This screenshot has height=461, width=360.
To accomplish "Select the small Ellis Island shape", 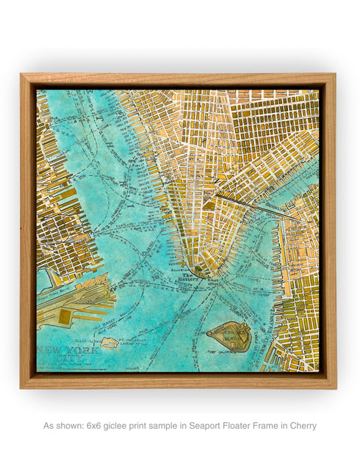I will pos(109,342).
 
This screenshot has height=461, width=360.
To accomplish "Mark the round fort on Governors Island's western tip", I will pos(212,333).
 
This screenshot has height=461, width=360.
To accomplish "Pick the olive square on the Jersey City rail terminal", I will pos(64,317).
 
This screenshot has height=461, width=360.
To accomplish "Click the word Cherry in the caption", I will pos(303,426).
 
